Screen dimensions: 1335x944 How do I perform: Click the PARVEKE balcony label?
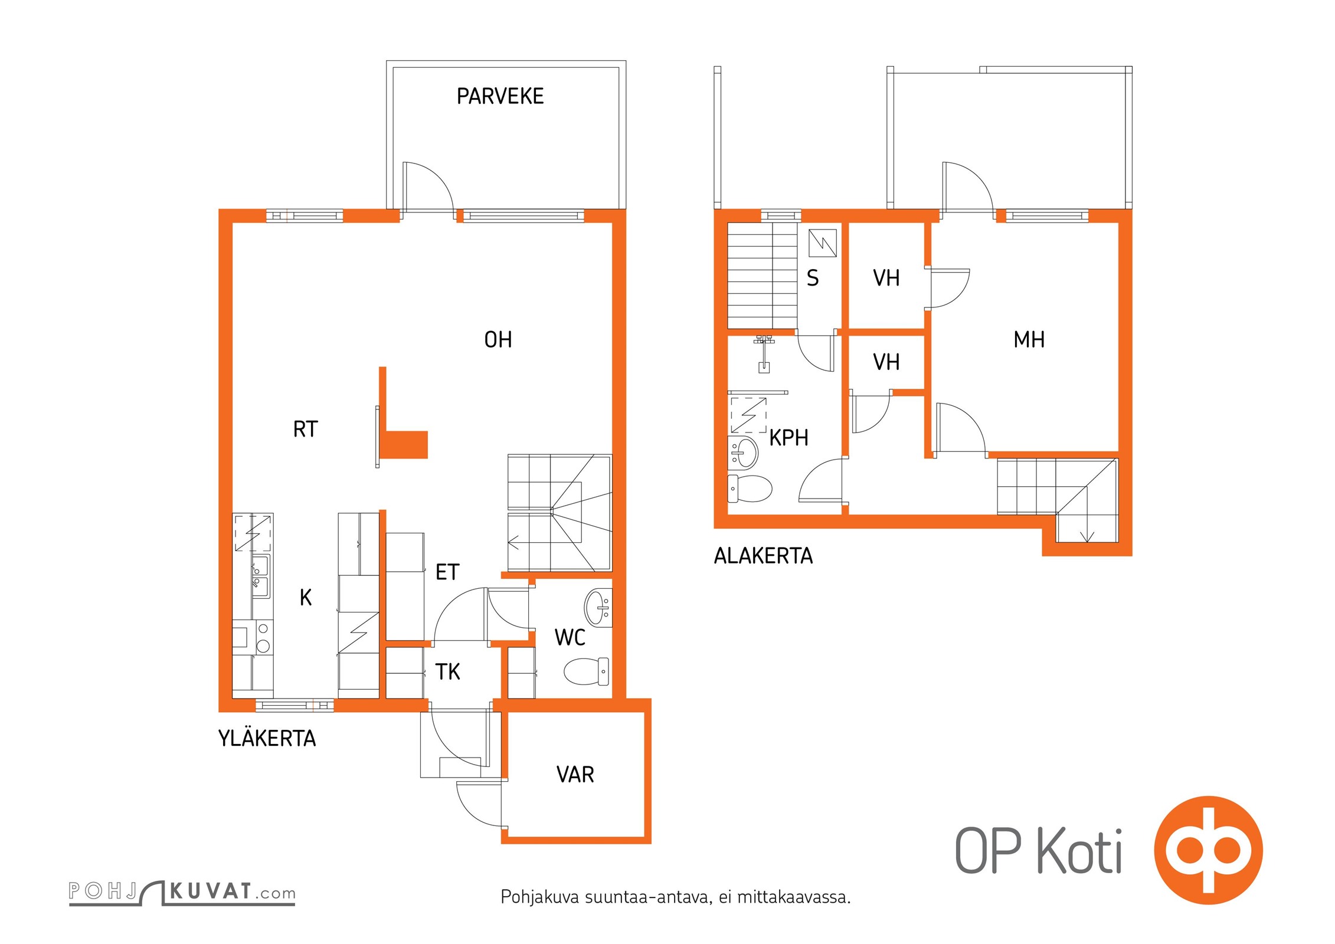pyautogui.click(x=500, y=96)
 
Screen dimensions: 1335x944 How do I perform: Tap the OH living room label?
pyautogui.click(x=498, y=340)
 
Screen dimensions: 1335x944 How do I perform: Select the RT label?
pyautogui.click(x=305, y=430)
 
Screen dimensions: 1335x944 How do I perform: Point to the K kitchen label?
pyautogui.click(x=306, y=598)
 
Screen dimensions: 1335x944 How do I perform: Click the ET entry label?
pyautogui.click(x=447, y=572)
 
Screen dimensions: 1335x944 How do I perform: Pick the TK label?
pyautogui.click(x=447, y=671)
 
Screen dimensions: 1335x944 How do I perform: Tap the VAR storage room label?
pyautogui.click(x=575, y=774)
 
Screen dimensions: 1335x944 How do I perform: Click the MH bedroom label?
pyautogui.click(x=1029, y=340)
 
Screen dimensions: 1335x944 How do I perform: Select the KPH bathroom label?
pyautogui.click(x=788, y=438)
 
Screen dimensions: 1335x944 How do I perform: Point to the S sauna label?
pyautogui.click(x=813, y=278)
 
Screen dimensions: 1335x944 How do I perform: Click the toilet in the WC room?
pyautogui.click(x=586, y=671)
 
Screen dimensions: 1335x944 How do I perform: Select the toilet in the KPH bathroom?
pyautogui.click(x=750, y=489)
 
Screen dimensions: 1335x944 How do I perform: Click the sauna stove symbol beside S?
pyautogui.click(x=823, y=243)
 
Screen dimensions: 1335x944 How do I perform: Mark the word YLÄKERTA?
pyautogui.click(x=267, y=739)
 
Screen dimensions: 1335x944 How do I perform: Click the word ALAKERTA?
pyautogui.click(x=763, y=556)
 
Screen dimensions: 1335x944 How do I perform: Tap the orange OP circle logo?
pyautogui.click(x=1208, y=850)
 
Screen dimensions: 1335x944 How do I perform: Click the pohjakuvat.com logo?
pyautogui.click(x=182, y=891)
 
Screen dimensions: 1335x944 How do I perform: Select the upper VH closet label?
pyautogui.click(x=886, y=278)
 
